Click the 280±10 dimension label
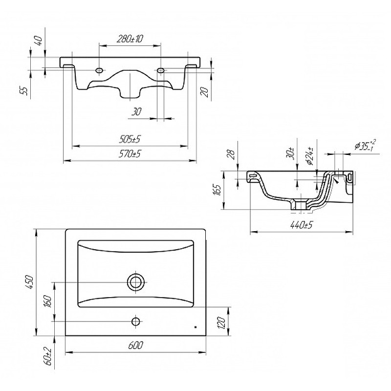pyautogui.click(x=130, y=39)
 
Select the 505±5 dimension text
pyautogui.click(x=130, y=139)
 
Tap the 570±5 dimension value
pyautogui.click(x=130, y=154)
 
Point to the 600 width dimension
pyautogui.click(x=136, y=346)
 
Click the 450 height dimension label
pyautogui.click(x=29, y=282)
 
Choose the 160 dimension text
pyautogui.click(x=47, y=301)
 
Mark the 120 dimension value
pyautogui.click(x=222, y=323)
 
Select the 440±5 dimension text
pyautogui.click(x=301, y=225)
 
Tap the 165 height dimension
pyautogui.click(x=217, y=190)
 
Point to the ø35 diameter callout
pyautogui.click(x=365, y=145)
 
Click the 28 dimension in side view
pyautogui.click(x=231, y=154)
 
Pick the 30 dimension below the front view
pyautogui.click(x=136, y=112)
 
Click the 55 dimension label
pyautogui.click(x=24, y=91)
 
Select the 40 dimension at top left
pyautogui.click(x=39, y=40)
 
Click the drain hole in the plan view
pyautogui.click(x=136, y=282)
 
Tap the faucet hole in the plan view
pyautogui.click(x=136, y=322)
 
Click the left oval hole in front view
pyautogui.click(x=99, y=70)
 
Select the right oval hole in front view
pyautogui.click(x=161, y=70)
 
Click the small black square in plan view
pyautogui.click(x=195, y=327)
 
